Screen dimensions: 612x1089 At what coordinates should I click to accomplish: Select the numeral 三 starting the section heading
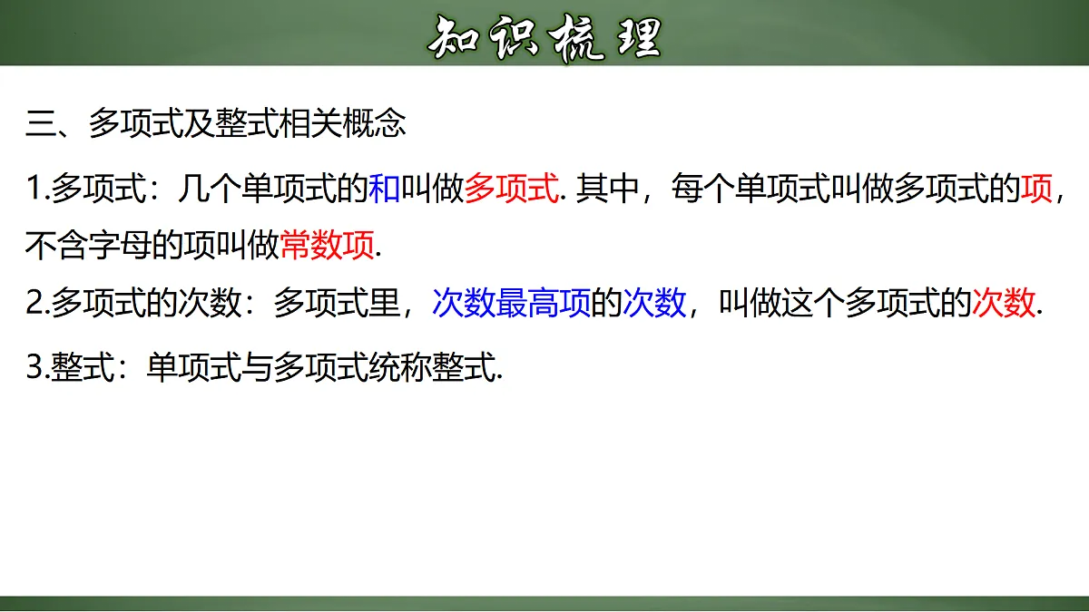(41, 124)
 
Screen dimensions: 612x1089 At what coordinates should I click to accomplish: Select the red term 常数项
(327, 246)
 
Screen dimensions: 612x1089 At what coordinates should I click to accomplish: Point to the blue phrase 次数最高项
(511, 303)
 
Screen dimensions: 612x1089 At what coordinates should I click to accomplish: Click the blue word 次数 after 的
(654, 303)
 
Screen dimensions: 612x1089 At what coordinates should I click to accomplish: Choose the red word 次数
(1003, 303)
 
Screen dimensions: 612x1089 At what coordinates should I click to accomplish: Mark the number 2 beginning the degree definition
(34, 303)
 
